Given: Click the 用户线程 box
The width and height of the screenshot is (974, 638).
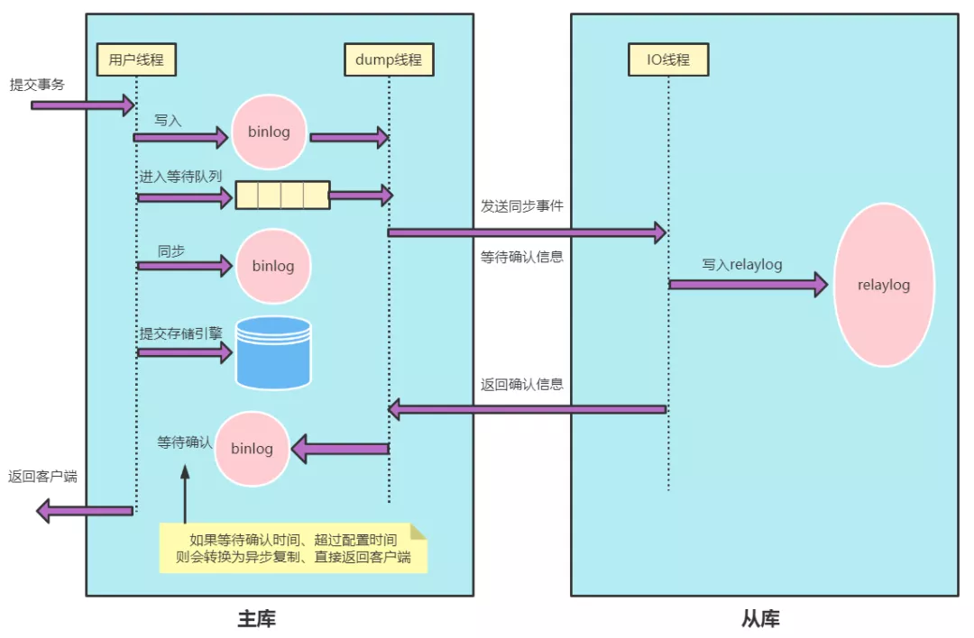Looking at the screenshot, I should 136,59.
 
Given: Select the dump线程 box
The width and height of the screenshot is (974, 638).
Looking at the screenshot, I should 389,59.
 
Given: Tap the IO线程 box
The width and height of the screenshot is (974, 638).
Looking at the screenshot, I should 668,59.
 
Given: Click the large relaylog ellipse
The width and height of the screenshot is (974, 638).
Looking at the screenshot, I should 884,285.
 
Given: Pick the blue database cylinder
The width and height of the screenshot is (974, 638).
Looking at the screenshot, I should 273,352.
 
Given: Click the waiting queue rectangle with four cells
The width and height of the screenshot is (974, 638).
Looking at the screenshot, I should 282,195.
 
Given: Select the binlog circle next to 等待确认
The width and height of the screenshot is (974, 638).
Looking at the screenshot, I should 253,448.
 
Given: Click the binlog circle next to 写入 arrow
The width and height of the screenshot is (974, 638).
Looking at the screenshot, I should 269,132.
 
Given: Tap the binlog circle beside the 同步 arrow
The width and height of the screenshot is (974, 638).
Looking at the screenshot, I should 272,267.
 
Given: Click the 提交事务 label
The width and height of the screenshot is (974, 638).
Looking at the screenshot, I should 37,85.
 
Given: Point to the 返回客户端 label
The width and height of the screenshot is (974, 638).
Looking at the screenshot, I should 42,477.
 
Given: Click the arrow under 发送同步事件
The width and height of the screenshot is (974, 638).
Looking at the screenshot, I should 527,232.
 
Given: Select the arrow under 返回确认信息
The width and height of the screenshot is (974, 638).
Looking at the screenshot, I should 527,410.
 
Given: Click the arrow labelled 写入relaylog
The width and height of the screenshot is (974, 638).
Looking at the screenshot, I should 748,285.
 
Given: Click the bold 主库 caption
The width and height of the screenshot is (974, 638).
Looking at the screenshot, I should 257,619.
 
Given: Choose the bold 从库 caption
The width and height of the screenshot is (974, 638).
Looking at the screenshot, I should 760,619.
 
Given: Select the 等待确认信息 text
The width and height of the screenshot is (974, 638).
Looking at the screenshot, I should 522,257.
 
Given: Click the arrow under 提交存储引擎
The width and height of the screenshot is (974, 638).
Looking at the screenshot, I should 185,351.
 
